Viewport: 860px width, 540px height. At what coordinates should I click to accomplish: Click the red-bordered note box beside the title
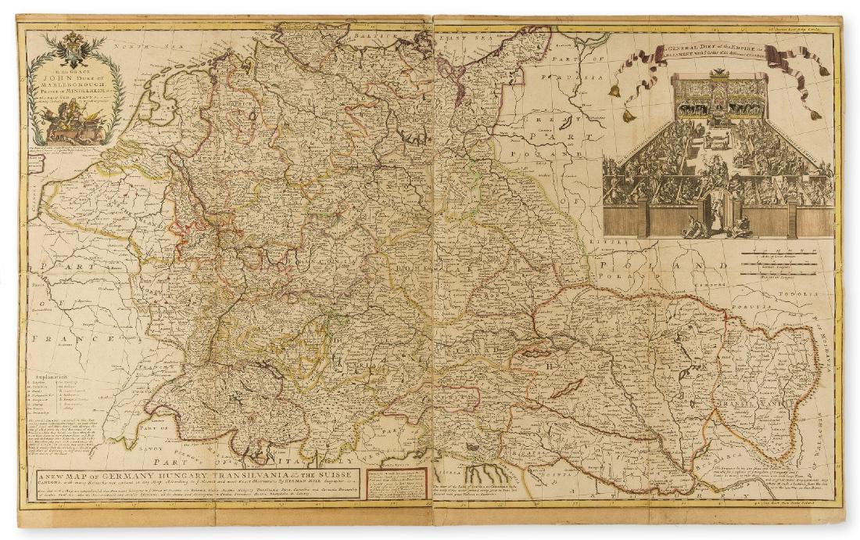[396, 484]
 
